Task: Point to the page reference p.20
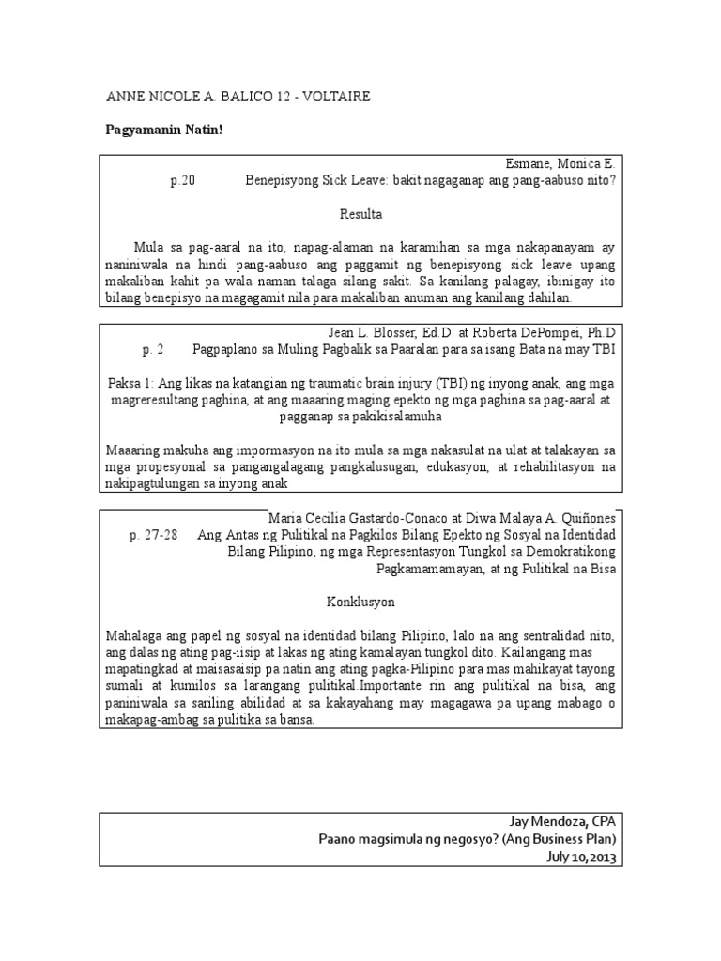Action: click(x=182, y=181)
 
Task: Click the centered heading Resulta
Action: click(x=360, y=214)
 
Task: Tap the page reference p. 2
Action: click(x=153, y=350)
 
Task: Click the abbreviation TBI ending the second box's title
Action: click(x=604, y=350)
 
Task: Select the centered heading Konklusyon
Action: click(x=360, y=601)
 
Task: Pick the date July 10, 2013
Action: click(x=582, y=857)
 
